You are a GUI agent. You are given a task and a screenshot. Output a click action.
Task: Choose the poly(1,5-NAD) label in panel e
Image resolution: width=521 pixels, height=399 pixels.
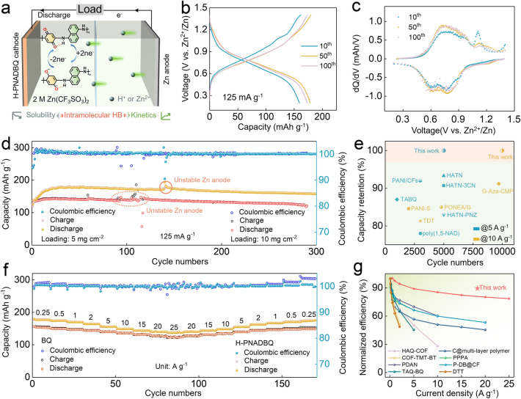[x=420, y=234]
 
